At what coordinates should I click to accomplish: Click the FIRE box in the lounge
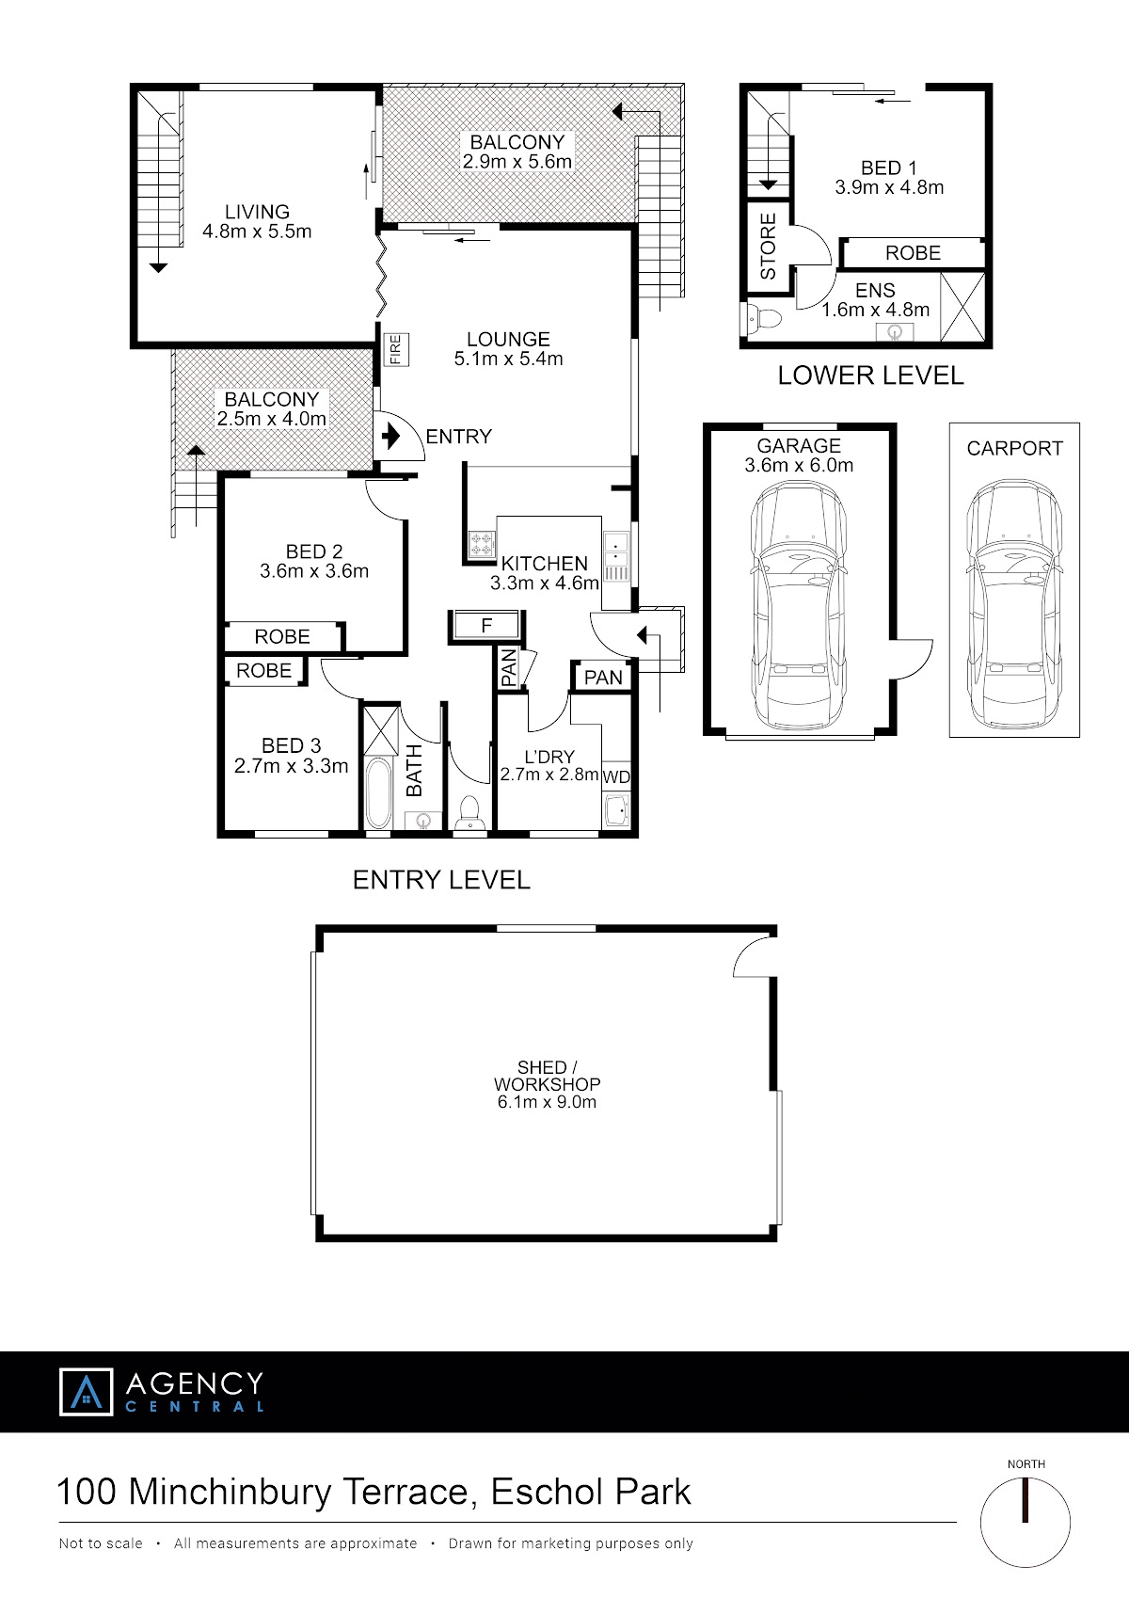pyautogui.click(x=396, y=349)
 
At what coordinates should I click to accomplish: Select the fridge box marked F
pyautogui.click(x=486, y=626)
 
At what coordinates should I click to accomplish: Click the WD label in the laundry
pyautogui.click(x=616, y=777)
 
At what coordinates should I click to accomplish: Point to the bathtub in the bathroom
pyautogui.click(x=378, y=792)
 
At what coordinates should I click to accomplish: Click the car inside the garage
pyautogui.click(x=799, y=606)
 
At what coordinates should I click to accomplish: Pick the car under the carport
pyautogui.click(x=1014, y=604)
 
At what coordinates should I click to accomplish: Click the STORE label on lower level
pyautogui.click(x=768, y=247)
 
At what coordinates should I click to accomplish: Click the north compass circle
pyautogui.click(x=1025, y=1522)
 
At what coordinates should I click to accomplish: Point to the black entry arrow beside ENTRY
pyautogui.click(x=390, y=435)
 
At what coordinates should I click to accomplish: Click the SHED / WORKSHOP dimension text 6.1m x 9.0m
pyautogui.click(x=547, y=1101)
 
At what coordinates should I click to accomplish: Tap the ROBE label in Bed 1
pyautogui.click(x=913, y=252)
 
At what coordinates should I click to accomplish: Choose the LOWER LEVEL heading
pyautogui.click(x=870, y=376)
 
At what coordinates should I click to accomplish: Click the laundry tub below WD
pyautogui.click(x=617, y=812)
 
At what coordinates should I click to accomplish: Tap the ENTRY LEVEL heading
pyautogui.click(x=441, y=880)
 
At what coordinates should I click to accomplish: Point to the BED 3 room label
pyautogui.click(x=291, y=745)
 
